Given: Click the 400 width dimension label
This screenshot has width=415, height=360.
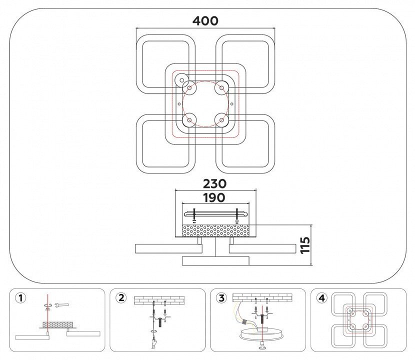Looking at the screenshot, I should coord(205,20).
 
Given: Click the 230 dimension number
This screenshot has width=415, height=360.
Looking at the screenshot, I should coord(214,183).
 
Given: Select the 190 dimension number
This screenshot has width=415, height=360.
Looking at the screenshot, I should coord(214,198).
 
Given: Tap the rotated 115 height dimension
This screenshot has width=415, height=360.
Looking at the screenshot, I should coord(305,245).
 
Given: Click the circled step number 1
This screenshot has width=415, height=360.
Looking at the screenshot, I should coord(20,298).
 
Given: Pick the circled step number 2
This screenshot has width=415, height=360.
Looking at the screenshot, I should coord(121,298).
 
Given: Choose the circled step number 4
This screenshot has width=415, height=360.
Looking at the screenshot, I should coord(322,298).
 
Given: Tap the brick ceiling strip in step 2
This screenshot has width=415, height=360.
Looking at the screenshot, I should coord(159,300).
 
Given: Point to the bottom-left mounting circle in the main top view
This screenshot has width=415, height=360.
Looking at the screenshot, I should coord(190,119).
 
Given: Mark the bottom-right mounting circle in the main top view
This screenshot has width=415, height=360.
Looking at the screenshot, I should coord(220,119).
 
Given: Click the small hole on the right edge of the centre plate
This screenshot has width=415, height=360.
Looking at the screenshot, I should coord(232,103).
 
